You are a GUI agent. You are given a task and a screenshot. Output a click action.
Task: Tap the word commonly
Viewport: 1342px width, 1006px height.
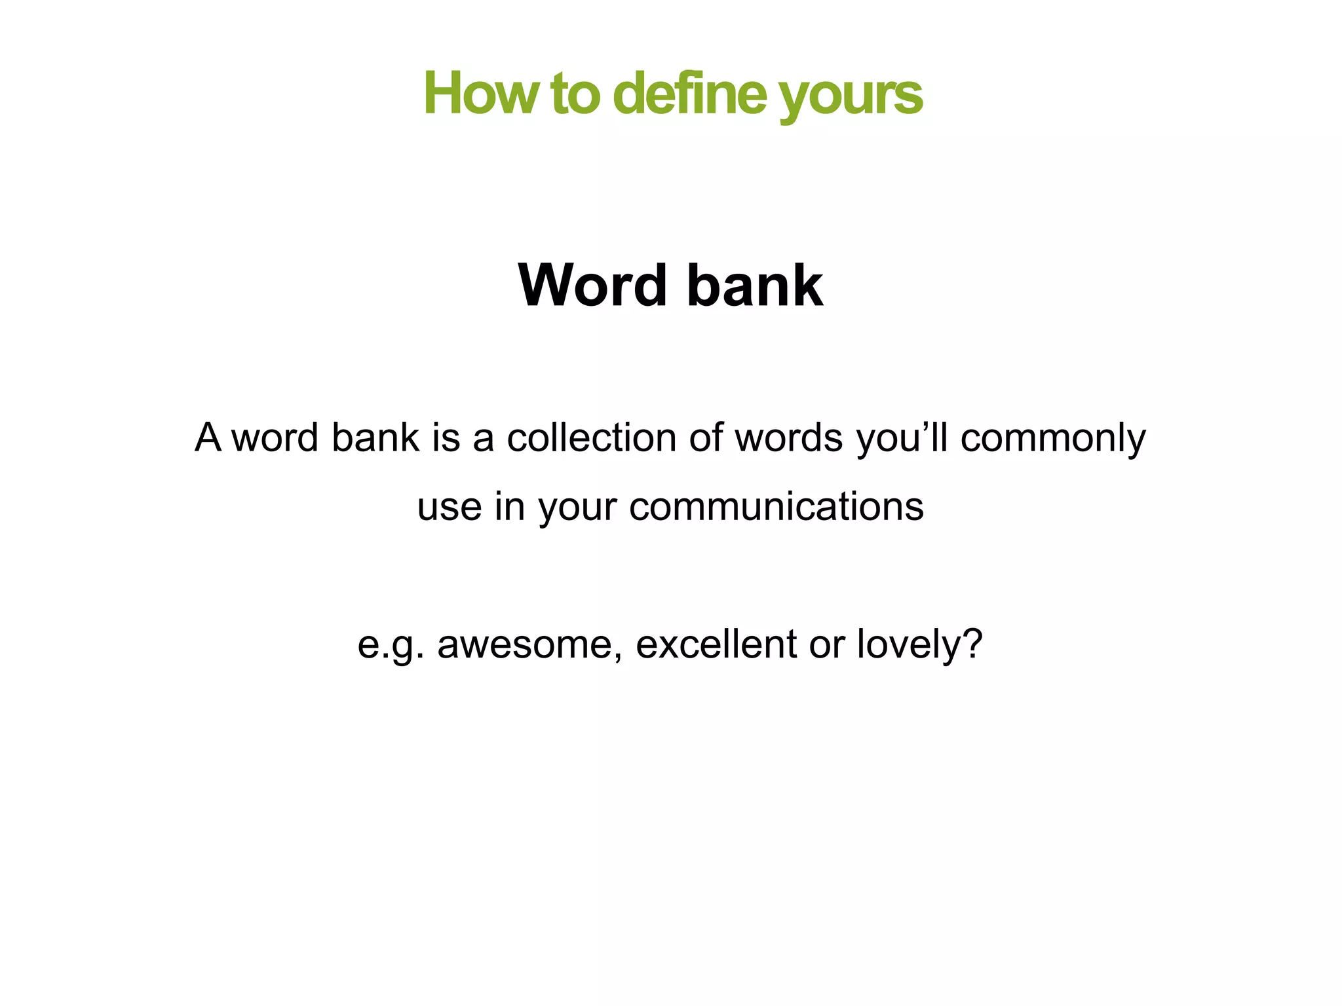coord(1053,439)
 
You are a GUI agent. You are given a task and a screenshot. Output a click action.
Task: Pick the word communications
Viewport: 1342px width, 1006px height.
coord(776,507)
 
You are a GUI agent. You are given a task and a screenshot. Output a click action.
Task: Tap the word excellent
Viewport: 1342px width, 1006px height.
coord(716,644)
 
